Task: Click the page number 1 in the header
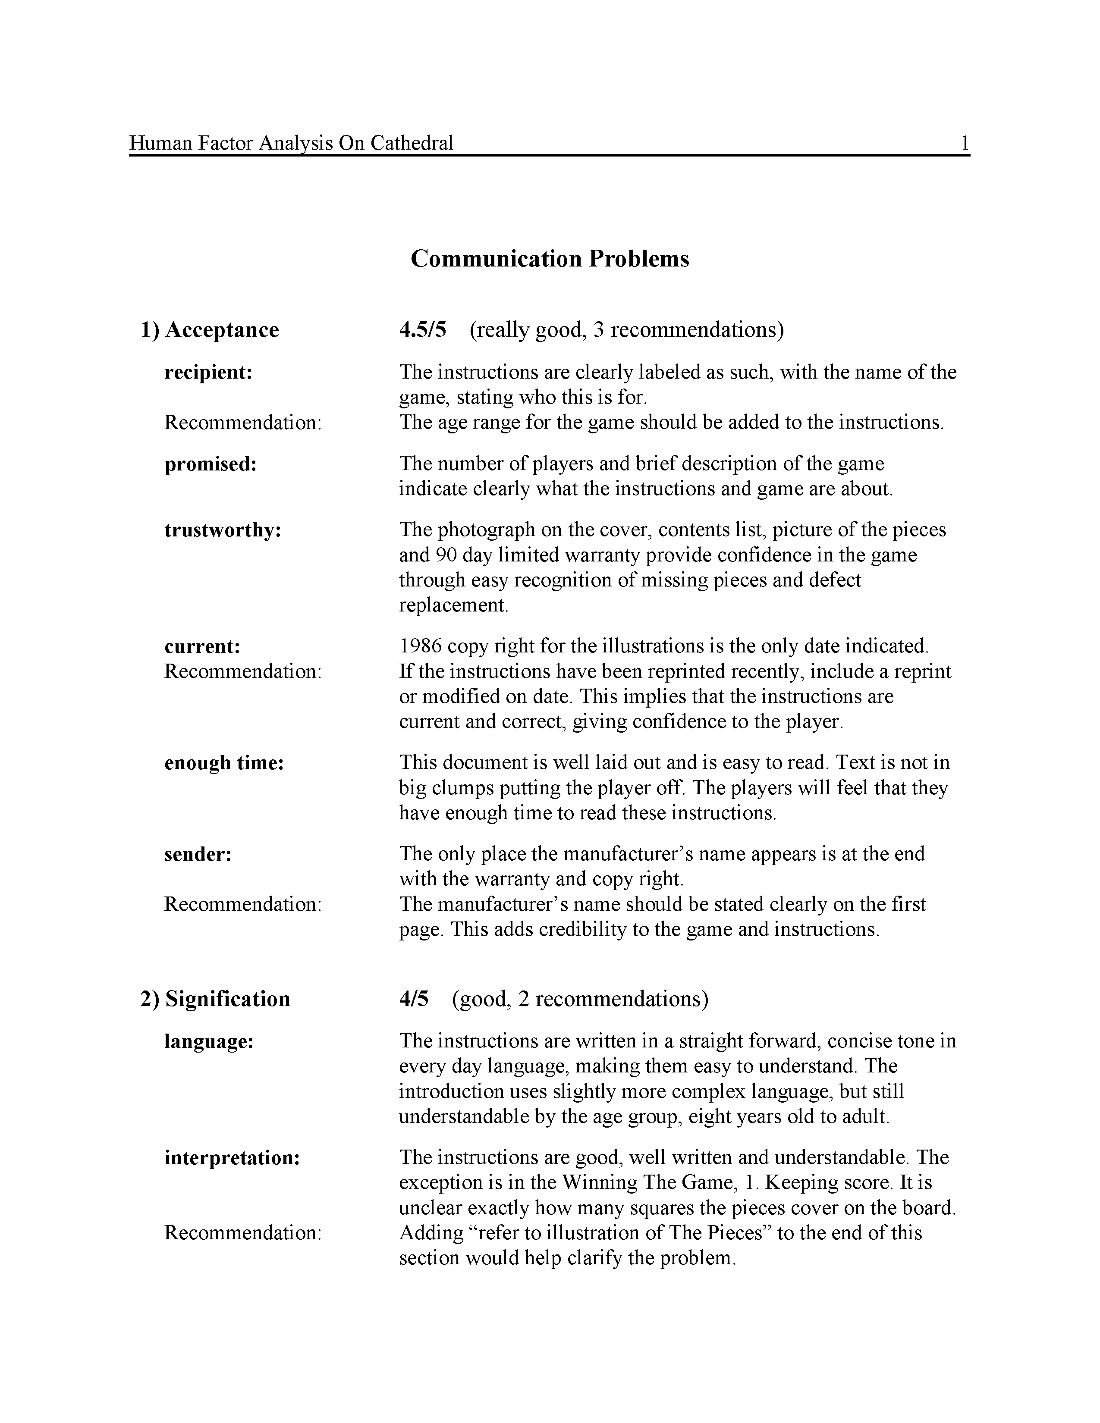coord(965,143)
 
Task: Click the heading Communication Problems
coord(549,259)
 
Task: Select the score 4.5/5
coord(422,330)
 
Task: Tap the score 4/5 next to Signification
coord(414,998)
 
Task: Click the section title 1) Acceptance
coord(210,330)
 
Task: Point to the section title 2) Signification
coord(215,998)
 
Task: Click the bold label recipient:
coord(208,373)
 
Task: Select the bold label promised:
coord(211,464)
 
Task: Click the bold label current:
coord(202,646)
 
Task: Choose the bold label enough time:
coord(224,763)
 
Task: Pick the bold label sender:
coord(198,854)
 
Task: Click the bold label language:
coord(208,1041)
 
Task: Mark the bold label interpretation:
coord(232,1158)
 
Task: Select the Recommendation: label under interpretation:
coord(242,1233)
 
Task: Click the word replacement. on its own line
coord(453,605)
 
